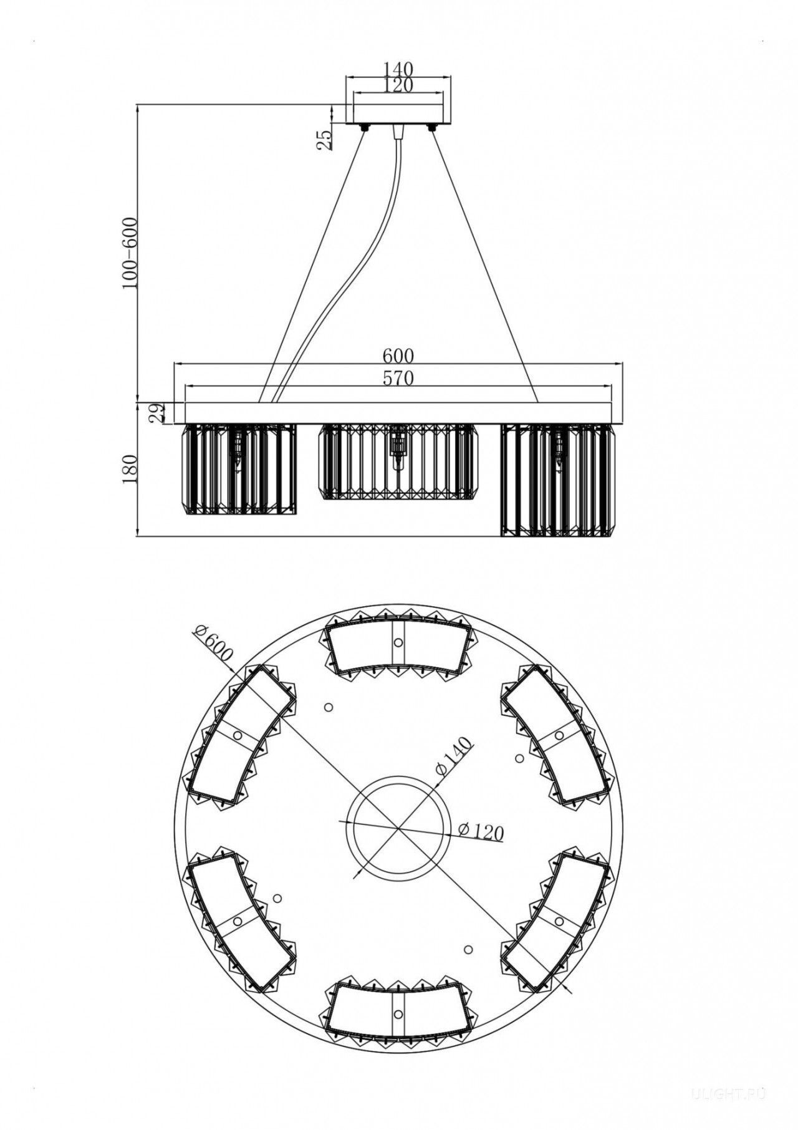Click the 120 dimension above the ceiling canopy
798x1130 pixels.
coord(399,85)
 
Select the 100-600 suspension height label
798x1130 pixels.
coord(130,253)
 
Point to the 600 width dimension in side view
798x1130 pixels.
coord(399,355)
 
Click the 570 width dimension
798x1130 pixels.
coord(399,378)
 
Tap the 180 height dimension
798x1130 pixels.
coord(130,469)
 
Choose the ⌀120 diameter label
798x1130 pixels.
coord(481,832)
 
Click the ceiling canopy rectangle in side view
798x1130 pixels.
coord(399,114)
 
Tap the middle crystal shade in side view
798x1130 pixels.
coord(398,461)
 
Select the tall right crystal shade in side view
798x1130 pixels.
coord(555,480)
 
